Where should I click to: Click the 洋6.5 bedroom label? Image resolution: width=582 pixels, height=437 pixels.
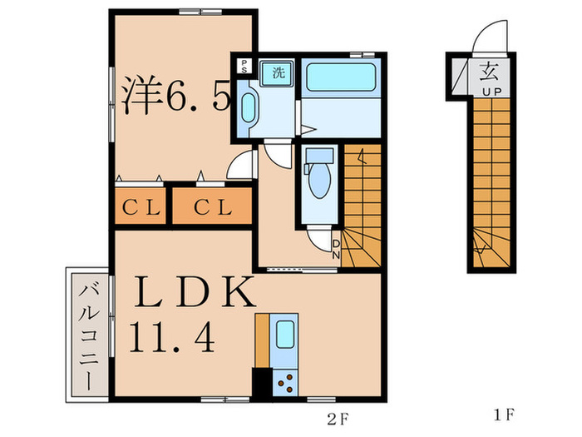(176, 96)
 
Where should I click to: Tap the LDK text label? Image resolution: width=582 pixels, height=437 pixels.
(195, 292)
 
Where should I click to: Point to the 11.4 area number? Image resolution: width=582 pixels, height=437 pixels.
(172, 337)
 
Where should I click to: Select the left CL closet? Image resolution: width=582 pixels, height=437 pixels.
(141, 206)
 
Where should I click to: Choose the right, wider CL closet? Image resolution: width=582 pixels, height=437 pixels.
(212, 206)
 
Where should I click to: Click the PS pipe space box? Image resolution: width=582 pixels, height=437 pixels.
(244, 66)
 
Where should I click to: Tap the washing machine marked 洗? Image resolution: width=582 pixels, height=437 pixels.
(278, 73)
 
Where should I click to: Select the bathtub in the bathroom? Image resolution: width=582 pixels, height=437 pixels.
(341, 77)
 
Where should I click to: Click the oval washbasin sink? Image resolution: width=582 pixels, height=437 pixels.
(249, 107)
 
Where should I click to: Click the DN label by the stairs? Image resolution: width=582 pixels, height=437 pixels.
(336, 249)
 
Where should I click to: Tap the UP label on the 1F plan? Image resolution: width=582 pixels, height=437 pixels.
(492, 92)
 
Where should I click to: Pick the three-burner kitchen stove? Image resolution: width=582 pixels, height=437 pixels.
(285, 383)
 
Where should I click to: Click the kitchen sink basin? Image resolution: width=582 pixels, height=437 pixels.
(285, 334)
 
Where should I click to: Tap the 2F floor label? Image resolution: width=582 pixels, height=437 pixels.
(338, 420)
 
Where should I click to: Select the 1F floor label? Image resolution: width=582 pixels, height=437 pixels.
(505, 415)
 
